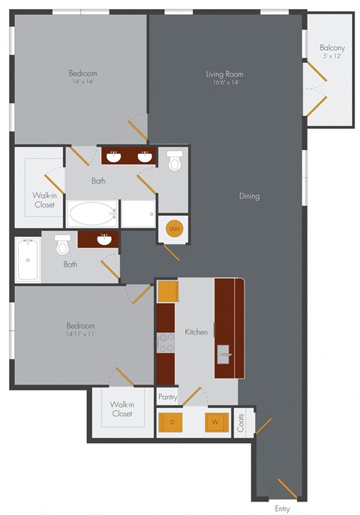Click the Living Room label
point(225,74)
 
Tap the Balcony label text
point(331,47)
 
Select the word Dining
point(250,196)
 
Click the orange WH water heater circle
point(174,229)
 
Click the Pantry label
point(167,397)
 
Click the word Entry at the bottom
point(282,509)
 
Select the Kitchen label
point(196,331)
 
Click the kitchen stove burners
point(165,343)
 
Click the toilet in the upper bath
point(175,160)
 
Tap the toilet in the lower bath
point(63,244)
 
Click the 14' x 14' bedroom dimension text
point(82,83)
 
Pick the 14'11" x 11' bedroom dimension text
point(79,335)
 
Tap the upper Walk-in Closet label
point(43,199)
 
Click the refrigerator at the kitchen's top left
point(167,292)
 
